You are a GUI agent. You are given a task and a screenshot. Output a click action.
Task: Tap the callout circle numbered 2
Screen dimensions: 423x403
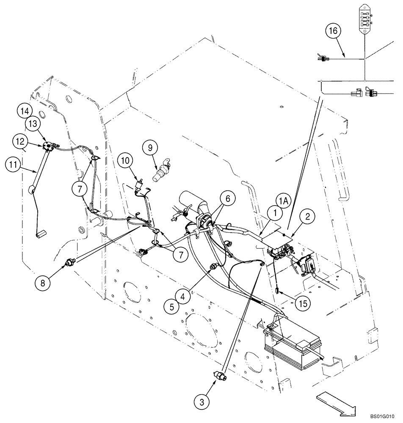click(x=307, y=217)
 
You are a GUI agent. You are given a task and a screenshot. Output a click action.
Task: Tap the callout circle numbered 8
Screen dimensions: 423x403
click(x=42, y=283)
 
